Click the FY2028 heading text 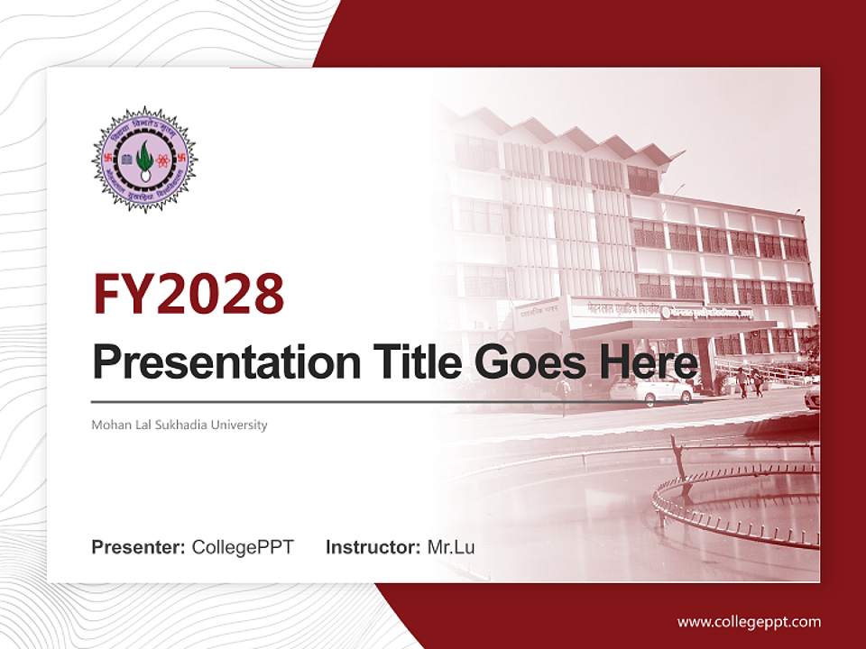(189, 294)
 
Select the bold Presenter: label (139, 547)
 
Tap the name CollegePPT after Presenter (243, 547)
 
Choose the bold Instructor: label (373, 547)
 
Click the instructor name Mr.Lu (451, 547)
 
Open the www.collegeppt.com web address (749, 622)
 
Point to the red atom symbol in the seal (162, 160)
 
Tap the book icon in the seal (126, 160)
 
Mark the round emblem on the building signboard (666, 313)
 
